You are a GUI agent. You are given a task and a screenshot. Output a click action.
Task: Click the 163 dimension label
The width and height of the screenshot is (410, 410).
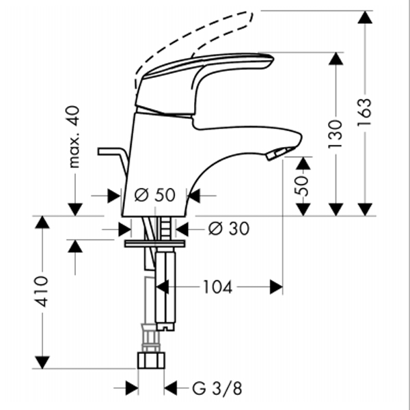tap(364, 112)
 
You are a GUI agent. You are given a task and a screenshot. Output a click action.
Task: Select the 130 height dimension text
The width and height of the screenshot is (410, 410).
tap(336, 134)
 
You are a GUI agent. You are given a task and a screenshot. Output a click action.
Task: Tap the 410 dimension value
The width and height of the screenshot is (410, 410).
tap(42, 291)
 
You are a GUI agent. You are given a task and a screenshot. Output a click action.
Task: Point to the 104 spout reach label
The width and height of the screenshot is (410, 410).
tap(218, 287)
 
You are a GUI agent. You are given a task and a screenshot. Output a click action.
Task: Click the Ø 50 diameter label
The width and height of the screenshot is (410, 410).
tap(155, 195)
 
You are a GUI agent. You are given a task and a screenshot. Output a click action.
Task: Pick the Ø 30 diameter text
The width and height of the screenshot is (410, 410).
tap(229, 228)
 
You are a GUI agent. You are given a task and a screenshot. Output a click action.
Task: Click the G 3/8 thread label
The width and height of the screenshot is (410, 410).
tap(217, 389)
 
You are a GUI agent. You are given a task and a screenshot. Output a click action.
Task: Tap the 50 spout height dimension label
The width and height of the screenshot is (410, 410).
tap(301, 186)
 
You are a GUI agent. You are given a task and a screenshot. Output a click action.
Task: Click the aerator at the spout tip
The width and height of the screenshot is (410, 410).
tap(277, 154)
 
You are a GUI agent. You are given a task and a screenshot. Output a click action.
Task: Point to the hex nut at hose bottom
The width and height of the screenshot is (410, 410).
tap(151, 360)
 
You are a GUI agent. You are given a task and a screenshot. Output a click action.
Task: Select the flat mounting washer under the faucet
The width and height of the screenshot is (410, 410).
tap(155, 243)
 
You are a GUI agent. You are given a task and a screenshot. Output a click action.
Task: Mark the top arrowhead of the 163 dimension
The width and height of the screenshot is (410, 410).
tap(365, 17)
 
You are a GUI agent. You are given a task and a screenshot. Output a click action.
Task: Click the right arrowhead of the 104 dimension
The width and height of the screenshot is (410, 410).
tap(276, 287)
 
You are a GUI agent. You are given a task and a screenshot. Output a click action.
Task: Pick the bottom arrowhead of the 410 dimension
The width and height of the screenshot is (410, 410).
tap(42, 362)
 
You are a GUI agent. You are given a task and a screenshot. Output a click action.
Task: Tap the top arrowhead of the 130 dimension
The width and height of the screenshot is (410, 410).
tap(336, 59)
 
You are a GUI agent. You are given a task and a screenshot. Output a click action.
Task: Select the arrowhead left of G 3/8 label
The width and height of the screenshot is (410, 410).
tap(132, 388)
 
